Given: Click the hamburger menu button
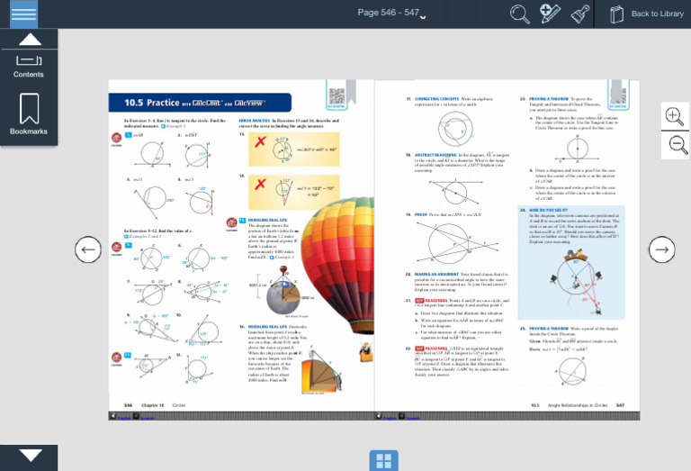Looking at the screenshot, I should (24, 14).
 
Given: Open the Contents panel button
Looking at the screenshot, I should (29, 65).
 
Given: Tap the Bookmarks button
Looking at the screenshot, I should (29, 115).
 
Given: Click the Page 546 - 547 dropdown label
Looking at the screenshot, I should (390, 13).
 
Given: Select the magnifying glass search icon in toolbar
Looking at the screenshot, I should (519, 14).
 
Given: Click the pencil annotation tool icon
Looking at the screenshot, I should (550, 14).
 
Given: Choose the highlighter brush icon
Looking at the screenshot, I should (580, 14).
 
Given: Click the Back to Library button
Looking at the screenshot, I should (647, 14).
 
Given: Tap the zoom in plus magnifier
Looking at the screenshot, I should (674, 114).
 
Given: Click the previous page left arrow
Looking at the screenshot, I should (87, 249).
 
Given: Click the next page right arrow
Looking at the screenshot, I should (661, 249).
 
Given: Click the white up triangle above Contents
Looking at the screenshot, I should (30, 40).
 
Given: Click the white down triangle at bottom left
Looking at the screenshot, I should (30, 456).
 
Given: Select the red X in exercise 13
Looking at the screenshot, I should (260, 142).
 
